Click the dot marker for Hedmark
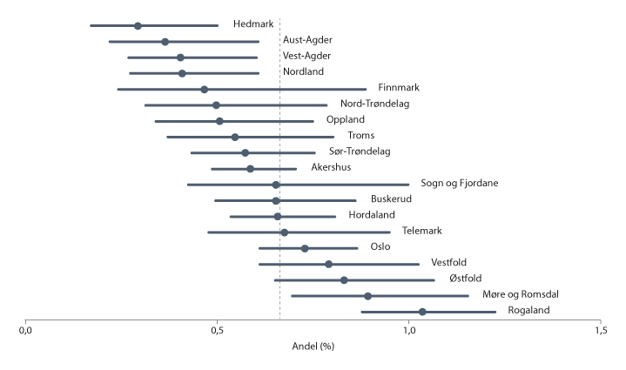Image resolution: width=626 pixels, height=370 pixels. tap(138, 25)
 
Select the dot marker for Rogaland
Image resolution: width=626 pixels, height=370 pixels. tap(422, 312)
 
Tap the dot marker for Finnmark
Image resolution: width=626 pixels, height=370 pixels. tap(204, 89)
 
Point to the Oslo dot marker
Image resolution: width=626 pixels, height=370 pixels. tap(305, 248)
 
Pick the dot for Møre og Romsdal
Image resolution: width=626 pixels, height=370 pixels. tap(368, 296)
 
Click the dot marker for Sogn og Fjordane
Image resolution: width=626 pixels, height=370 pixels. tap(276, 185)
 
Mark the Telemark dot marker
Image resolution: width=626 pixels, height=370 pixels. tap(284, 232)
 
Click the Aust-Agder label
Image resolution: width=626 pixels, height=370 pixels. tap(307, 40)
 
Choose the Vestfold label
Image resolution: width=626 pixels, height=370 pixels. tap(453, 263)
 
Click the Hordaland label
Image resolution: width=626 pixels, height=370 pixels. tap(371, 215)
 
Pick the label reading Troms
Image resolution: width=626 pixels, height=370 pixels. tap(360, 136)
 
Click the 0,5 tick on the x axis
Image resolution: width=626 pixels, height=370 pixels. tap(217, 332)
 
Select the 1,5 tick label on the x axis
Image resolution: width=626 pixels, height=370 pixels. tap(600, 332)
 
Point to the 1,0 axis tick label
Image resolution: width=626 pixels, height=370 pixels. tap(408, 332)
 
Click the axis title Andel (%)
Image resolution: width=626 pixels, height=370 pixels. tap(313, 346)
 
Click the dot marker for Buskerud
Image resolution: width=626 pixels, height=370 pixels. tap(276, 200)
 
